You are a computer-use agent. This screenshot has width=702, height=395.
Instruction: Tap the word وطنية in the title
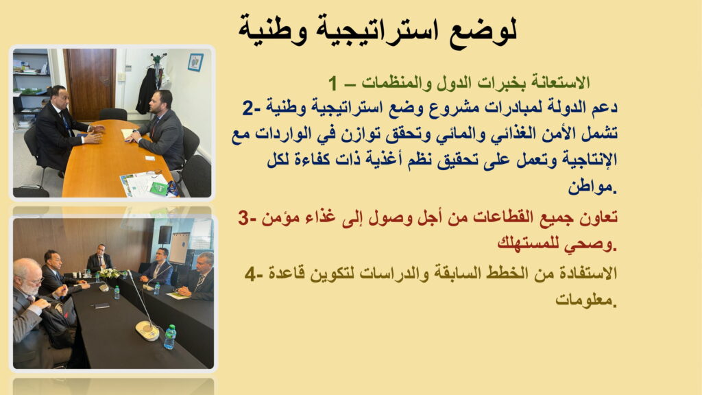(x=272, y=29)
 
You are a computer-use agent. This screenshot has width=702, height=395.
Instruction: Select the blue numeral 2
(x=247, y=108)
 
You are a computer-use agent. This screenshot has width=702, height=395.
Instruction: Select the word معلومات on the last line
(x=584, y=300)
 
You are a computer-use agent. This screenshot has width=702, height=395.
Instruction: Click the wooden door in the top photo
(x=90, y=84)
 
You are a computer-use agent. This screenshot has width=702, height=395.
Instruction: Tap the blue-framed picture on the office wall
(x=195, y=62)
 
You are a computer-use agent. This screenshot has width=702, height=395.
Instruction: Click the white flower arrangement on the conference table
(x=108, y=273)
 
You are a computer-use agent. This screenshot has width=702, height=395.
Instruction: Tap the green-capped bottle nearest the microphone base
(x=170, y=337)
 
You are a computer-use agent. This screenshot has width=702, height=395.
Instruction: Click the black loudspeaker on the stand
(x=165, y=235)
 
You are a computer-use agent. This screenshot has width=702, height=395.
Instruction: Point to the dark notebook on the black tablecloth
(x=101, y=306)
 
